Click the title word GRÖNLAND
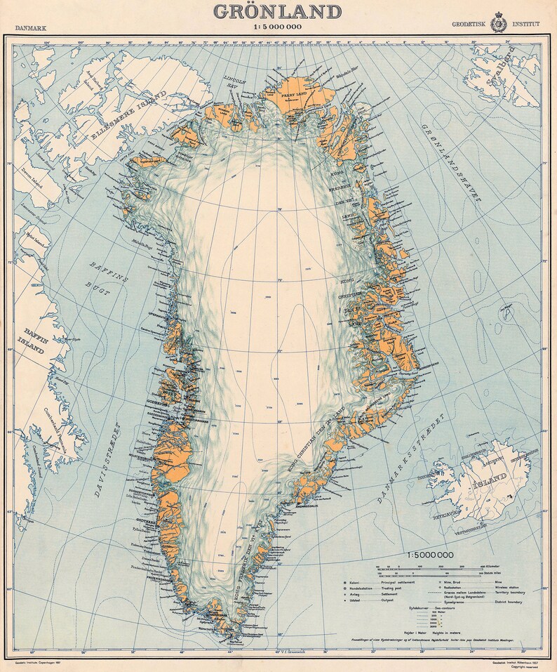tap(277, 12)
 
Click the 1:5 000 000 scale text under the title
tap(277, 27)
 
